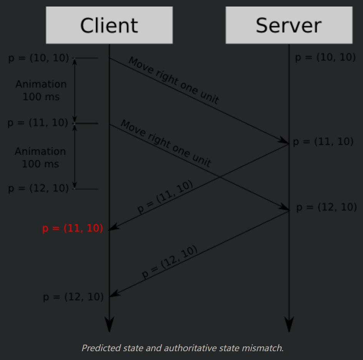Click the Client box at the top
point(109,25)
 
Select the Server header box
point(289,25)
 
